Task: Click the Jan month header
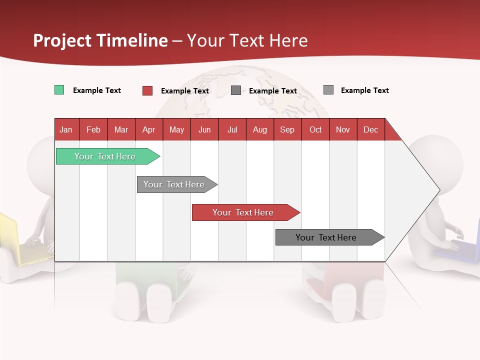(x=66, y=129)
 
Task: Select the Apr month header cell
(x=148, y=129)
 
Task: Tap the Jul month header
(x=232, y=129)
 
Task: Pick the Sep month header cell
(x=287, y=129)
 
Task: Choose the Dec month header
(x=370, y=129)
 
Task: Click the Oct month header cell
(x=315, y=129)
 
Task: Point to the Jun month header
(x=204, y=129)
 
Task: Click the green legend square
(x=59, y=90)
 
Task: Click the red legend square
(x=147, y=90)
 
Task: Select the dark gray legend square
(x=236, y=90)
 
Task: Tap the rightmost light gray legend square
(x=328, y=90)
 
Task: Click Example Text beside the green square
(x=97, y=90)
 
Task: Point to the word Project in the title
(x=62, y=40)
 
